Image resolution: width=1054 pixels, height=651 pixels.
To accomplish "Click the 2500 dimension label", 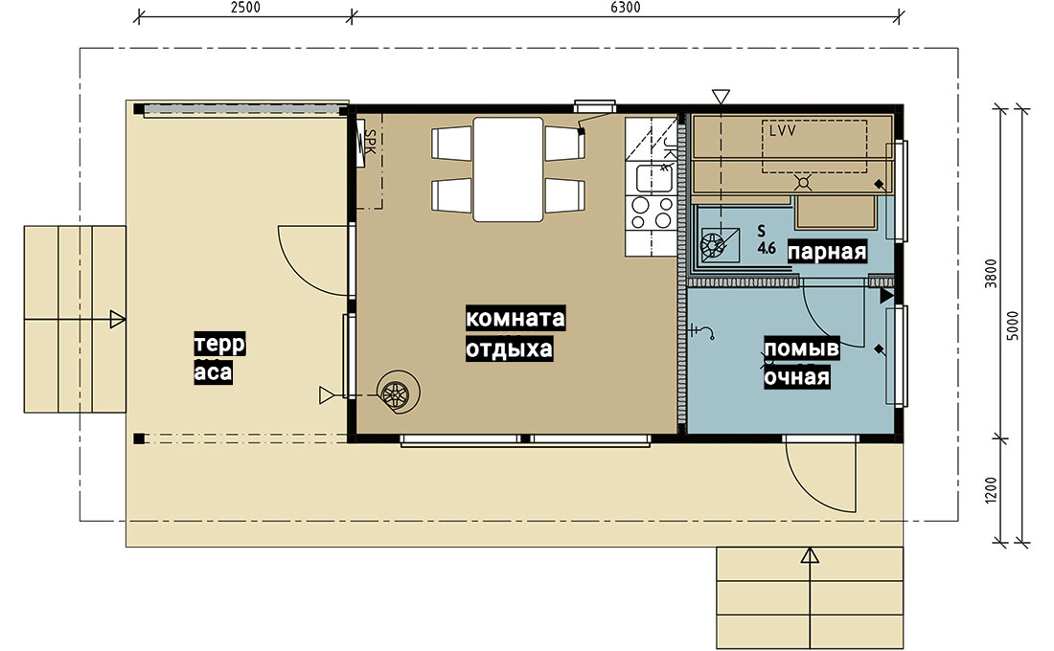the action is pyautogui.click(x=244, y=8).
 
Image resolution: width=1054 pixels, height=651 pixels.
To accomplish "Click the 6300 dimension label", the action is pyautogui.click(x=625, y=8).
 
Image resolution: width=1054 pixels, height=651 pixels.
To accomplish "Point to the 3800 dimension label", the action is pyautogui.click(x=991, y=274).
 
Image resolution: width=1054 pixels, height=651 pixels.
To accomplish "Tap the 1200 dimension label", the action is pyautogui.click(x=991, y=490).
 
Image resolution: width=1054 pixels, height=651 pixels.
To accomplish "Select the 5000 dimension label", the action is pyautogui.click(x=1013, y=325).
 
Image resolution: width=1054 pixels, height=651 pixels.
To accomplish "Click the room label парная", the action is pyautogui.click(x=827, y=251).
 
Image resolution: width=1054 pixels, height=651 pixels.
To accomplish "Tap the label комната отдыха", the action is pyautogui.click(x=515, y=333).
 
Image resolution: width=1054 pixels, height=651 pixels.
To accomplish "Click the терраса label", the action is pyautogui.click(x=219, y=357).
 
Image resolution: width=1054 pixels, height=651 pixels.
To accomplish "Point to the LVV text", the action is pyautogui.click(x=783, y=130).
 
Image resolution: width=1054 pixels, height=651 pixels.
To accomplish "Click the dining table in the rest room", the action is pyautogui.click(x=508, y=169).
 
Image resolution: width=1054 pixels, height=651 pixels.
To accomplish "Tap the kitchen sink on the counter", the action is pyautogui.click(x=654, y=178).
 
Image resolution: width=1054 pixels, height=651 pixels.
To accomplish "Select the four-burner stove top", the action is pyautogui.click(x=651, y=213).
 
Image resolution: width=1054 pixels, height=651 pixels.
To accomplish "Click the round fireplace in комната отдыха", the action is pyautogui.click(x=398, y=392).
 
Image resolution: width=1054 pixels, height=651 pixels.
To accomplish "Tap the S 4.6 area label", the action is pyautogui.click(x=766, y=239).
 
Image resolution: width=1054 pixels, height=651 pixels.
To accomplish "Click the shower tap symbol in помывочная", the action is pyautogui.click(x=701, y=331).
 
